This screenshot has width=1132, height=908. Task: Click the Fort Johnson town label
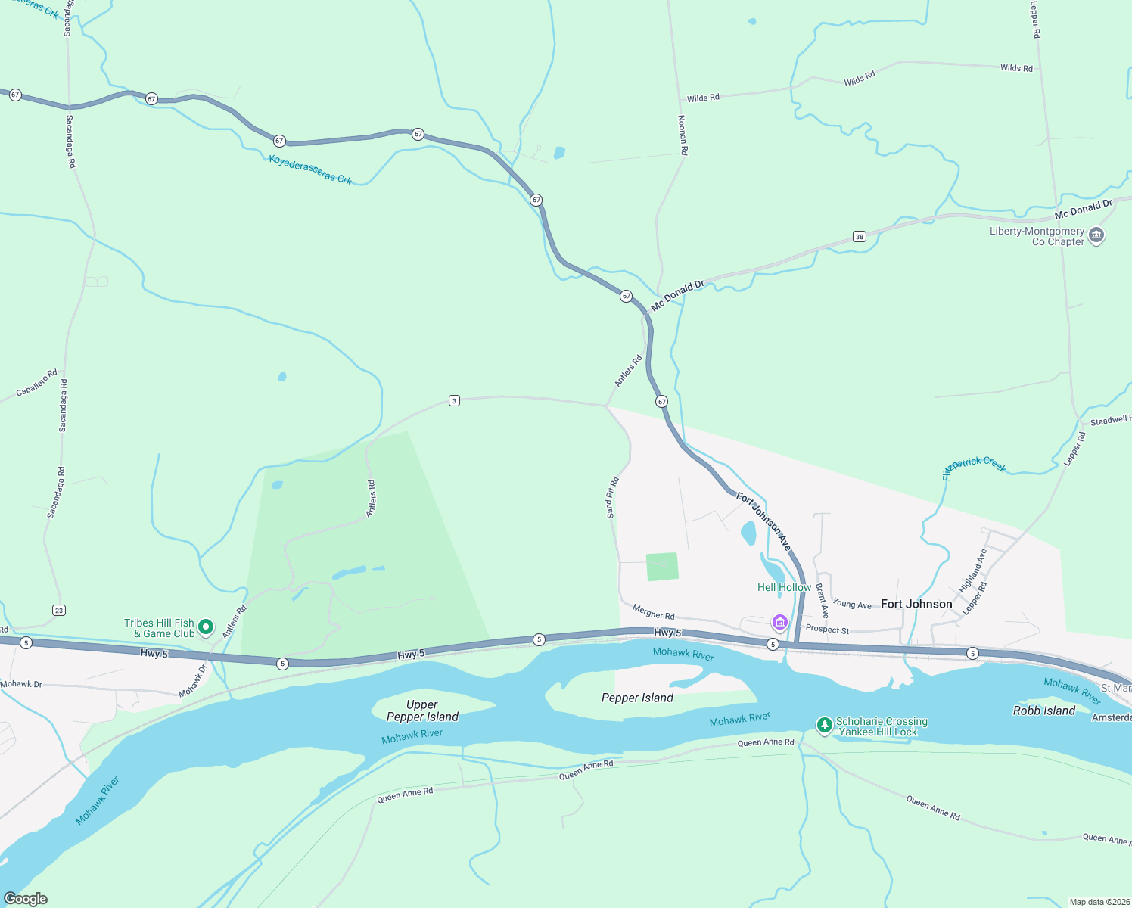[x=916, y=604]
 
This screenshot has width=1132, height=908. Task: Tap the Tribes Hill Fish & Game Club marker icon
[x=205, y=627]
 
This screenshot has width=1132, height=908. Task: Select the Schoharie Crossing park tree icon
[x=824, y=726]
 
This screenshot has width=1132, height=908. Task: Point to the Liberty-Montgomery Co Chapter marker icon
[x=1096, y=236]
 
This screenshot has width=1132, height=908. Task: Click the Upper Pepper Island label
[x=422, y=711]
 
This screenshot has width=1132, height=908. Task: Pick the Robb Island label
[x=1043, y=711]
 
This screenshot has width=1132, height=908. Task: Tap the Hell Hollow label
[x=784, y=587]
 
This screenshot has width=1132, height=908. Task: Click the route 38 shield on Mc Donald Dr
[x=859, y=237]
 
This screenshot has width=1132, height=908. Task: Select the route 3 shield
[x=454, y=400]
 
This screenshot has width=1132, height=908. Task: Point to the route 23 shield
[x=59, y=610]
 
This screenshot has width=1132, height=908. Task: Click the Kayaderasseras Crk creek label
[x=310, y=169]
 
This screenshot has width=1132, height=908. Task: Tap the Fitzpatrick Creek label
[x=975, y=467]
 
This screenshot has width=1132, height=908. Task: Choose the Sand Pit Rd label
[x=612, y=497]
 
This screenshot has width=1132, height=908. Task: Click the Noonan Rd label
[x=683, y=135]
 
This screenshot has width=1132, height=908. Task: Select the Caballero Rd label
[x=36, y=383]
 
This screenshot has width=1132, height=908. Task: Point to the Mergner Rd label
[x=653, y=612]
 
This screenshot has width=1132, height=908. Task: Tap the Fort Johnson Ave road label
[x=763, y=522]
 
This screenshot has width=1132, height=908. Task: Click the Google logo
[x=26, y=899]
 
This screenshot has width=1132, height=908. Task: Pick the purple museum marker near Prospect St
[x=779, y=623]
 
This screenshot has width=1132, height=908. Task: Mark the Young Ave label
[x=852, y=604]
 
